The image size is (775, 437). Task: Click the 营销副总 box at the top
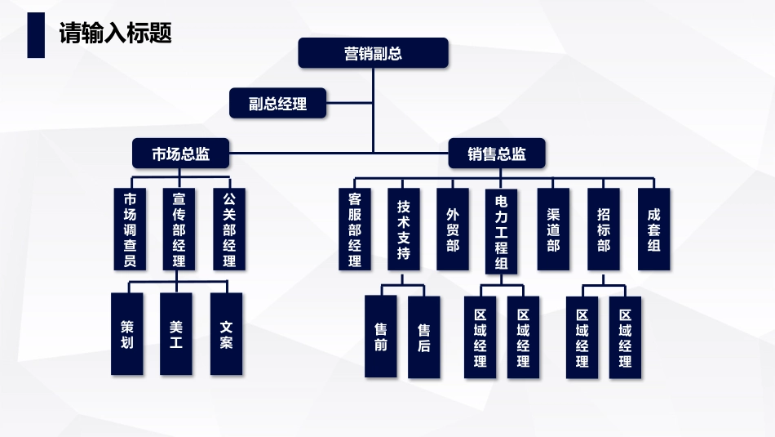373,53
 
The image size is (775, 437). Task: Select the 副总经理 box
278,104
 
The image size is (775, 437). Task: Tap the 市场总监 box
181,153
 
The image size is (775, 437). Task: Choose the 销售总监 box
497,153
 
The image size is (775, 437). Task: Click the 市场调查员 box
130,229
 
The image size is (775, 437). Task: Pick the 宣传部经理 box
179,229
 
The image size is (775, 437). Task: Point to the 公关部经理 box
229,229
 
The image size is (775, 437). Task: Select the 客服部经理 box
354,229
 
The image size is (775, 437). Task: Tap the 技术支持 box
404,229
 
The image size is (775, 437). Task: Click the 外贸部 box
453,229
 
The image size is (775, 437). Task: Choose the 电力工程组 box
502,230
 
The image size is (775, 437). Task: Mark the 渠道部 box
553,229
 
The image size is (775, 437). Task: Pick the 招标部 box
603,229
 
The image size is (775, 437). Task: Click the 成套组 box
653,229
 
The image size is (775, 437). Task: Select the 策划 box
126,334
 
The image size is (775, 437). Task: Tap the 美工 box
176,334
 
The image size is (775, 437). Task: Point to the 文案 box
226,334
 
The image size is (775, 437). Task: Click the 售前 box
381,337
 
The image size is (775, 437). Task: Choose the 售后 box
424,337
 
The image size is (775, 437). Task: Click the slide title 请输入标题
115,33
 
